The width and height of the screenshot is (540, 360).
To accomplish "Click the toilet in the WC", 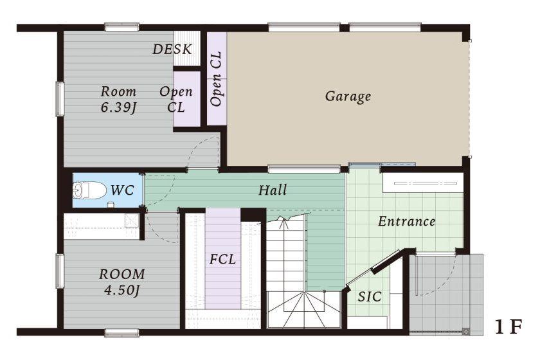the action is click(89, 190).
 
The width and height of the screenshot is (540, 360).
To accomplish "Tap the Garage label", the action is click(348, 96).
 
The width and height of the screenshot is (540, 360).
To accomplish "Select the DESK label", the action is click(172, 50).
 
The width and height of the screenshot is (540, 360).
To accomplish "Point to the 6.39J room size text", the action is click(118, 108).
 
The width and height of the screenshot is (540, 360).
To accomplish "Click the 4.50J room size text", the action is click(122, 291).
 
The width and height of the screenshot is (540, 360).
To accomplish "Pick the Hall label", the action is click(273, 190).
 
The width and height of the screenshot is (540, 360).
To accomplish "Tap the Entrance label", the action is click(406, 221).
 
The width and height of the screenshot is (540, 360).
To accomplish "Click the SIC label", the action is click(370, 296).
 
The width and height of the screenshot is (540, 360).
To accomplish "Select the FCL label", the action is click(223, 259).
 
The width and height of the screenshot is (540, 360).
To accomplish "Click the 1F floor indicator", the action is click(509, 327).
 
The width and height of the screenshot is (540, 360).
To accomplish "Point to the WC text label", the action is click(122, 190).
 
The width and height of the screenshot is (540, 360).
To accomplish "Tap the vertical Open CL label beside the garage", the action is click(216, 79).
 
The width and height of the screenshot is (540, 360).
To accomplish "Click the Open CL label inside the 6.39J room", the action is click(176, 100).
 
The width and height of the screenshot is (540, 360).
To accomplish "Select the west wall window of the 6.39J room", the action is click(60, 98).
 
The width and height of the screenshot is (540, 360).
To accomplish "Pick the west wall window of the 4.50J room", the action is click(60, 271).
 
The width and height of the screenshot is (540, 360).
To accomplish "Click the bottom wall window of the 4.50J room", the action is click(122, 332).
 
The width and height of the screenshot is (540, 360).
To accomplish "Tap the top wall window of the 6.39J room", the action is click(122, 27).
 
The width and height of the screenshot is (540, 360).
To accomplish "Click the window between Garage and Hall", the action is click(304, 169).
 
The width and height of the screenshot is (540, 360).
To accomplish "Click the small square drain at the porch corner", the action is click(466, 332).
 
